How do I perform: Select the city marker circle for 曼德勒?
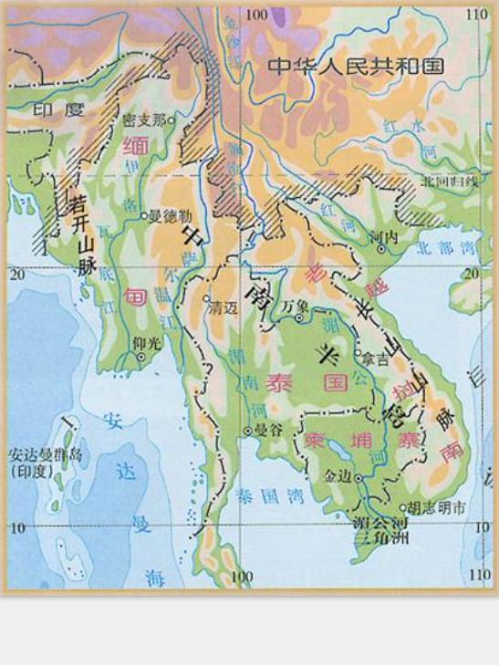144,216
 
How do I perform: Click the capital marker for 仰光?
140,358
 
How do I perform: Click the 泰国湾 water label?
258,498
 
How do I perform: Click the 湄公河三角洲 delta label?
381,531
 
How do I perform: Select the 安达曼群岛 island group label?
46,455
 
